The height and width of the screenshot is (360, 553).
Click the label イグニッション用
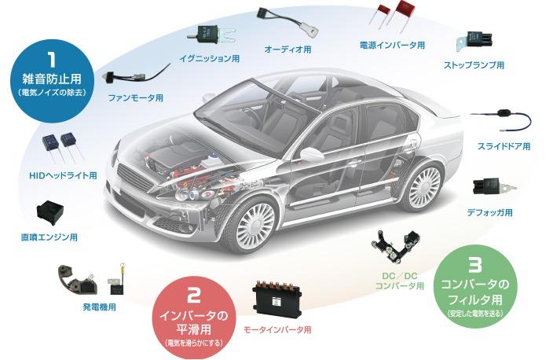click(209, 58)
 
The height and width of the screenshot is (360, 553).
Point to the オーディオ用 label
click(287, 50)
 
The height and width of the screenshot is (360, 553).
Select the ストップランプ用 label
click(474, 64)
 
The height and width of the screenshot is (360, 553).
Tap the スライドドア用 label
click(504, 146)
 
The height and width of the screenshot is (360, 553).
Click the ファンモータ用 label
click(135, 97)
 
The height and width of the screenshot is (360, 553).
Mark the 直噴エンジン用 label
click(49, 236)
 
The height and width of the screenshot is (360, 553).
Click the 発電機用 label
click(99, 307)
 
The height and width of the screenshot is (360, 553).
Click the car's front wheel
click(255, 222)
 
